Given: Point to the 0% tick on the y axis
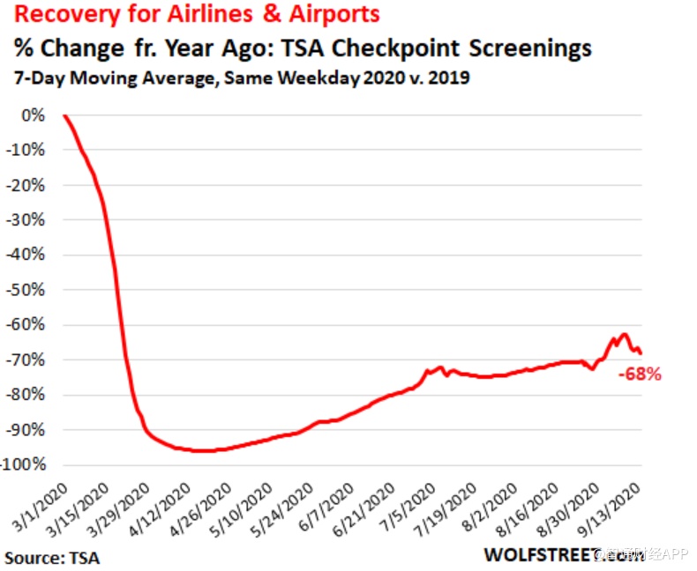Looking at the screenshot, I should point(33,115).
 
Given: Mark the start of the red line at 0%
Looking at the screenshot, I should point(64,115).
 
